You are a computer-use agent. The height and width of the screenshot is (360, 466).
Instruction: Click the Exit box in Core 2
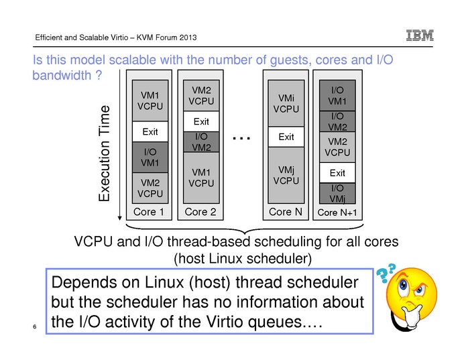(201, 122)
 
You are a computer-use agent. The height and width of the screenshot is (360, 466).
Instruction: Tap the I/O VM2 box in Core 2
(201, 142)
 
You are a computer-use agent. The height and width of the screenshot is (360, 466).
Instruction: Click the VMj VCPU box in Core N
(286, 175)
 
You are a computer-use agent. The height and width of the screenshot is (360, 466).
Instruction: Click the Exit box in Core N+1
(338, 174)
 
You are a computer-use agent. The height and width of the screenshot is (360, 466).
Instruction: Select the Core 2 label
(200, 213)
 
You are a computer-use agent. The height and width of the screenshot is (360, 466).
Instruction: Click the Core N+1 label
(338, 213)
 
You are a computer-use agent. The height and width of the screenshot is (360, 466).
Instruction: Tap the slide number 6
(34, 326)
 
